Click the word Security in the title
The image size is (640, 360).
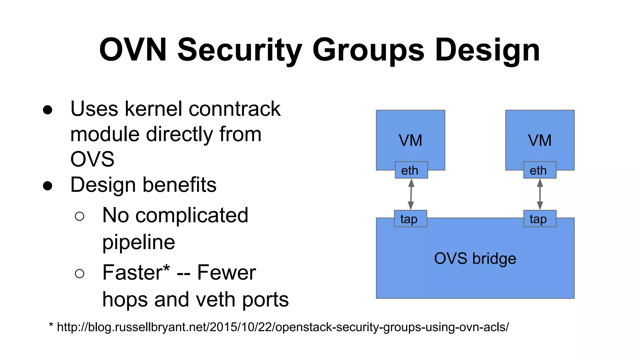(x=239, y=50)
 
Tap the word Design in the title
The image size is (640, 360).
(x=487, y=50)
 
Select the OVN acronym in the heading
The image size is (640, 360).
(x=133, y=50)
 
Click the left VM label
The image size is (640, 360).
(x=410, y=140)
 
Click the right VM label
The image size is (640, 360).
(x=540, y=140)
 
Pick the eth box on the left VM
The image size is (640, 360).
(x=411, y=170)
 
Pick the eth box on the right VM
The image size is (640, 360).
(x=540, y=170)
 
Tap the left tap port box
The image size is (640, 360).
(x=410, y=219)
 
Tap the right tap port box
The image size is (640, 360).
(x=540, y=219)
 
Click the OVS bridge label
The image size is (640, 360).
(x=475, y=258)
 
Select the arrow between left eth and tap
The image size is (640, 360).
(x=411, y=194)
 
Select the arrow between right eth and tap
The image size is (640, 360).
(x=540, y=194)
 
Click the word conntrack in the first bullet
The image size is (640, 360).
(x=234, y=109)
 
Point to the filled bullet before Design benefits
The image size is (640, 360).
(x=47, y=185)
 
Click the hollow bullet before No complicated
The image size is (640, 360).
(x=80, y=216)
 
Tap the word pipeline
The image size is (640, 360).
(x=138, y=242)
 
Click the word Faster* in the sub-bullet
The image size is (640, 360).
(x=136, y=272)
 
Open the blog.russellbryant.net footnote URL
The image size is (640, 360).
(x=282, y=327)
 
